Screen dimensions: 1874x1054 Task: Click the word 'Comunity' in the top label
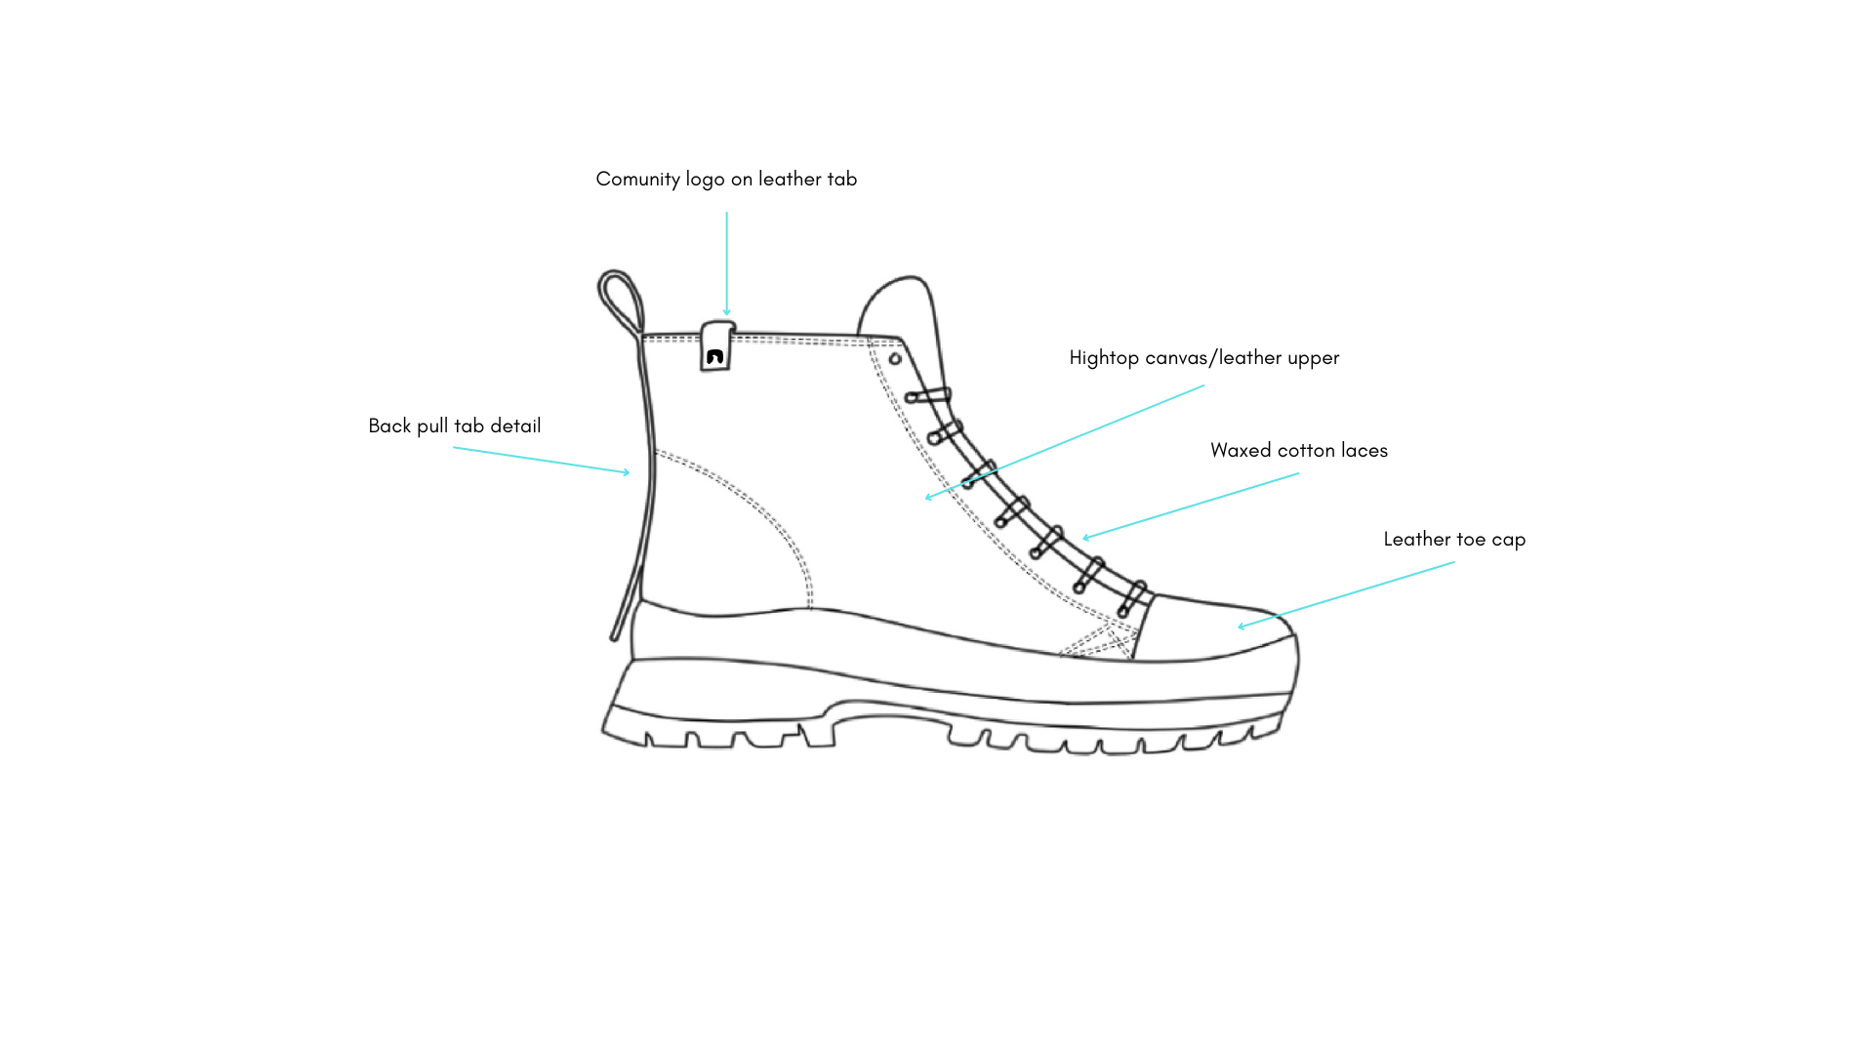tap(637, 180)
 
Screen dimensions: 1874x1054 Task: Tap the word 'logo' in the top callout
tap(705, 181)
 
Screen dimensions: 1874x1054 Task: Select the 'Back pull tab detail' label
tap(454, 426)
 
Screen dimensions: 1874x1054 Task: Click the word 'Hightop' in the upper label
tap(1104, 358)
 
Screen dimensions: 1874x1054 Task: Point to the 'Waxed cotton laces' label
tap(1298, 451)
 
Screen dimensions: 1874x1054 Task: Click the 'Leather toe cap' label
tap(1453, 540)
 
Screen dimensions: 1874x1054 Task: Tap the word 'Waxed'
tap(1237, 451)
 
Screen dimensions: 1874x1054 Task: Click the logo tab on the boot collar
tap(715, 348)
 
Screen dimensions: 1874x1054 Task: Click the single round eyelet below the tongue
tap(895, 359)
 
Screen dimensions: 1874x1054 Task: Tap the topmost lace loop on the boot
tap(927, 396)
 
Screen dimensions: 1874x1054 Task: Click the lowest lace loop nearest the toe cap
tap(1132, 598)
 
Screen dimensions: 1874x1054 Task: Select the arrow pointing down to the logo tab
tap(726, 263)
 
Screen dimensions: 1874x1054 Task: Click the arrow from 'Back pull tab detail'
tap(542, 461)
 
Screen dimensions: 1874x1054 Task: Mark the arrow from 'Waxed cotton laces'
tap(1191, 506)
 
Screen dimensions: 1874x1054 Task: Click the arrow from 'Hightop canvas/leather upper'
tap(1064, 441)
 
